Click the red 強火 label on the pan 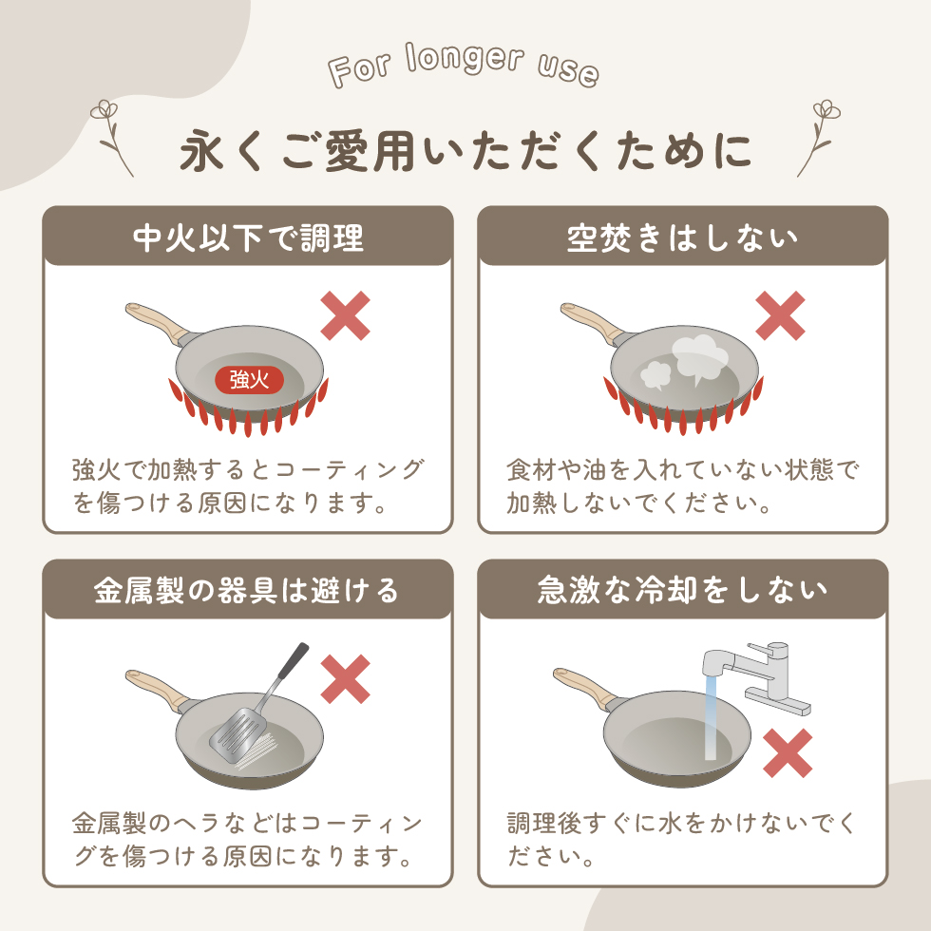coord(249,380)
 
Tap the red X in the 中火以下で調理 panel coord(346,315)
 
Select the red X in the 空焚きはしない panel coord(780,315)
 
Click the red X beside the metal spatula coord(346,680)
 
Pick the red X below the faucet coord(788,753)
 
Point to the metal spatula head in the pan coord(238,732)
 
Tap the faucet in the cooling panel coord(757,676)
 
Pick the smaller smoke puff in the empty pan coord(655,374)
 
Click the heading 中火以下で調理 coord(248,237)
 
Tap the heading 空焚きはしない coord(683,237)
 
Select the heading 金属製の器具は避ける coord(246,590)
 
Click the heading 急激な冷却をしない coord(682,590)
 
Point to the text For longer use coord(464,66)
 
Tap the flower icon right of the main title coord(819,139)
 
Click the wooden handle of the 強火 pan coord(157,322)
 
